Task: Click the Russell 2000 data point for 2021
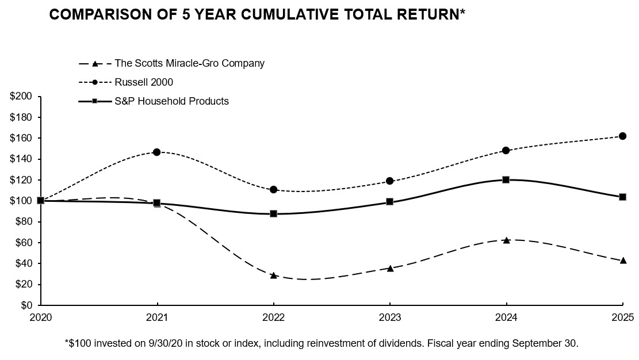(x=157, y=152)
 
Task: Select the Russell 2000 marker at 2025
(x=622, y=136)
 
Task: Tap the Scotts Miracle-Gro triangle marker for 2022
(x=274, y=275)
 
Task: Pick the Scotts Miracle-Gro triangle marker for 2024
(x=506, y=240)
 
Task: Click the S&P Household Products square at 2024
(x=506, y=180)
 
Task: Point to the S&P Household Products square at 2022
(x=274, y=213)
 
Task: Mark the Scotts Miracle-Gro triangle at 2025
(x=622, y=261)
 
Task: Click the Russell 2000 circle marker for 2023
(x=390, y=181)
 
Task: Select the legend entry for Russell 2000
(x=144, y=82)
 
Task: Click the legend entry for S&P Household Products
(x=171, y=101)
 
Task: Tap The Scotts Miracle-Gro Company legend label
(x=189, y=63)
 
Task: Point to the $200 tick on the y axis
(x=20, y=97)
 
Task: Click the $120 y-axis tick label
(x=20, y=180)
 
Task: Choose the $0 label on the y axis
(x=25, y=305)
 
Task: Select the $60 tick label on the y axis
(x=22, y=243)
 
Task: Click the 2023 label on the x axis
(x=390, y=317)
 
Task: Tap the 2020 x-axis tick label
(x=41, y=317)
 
